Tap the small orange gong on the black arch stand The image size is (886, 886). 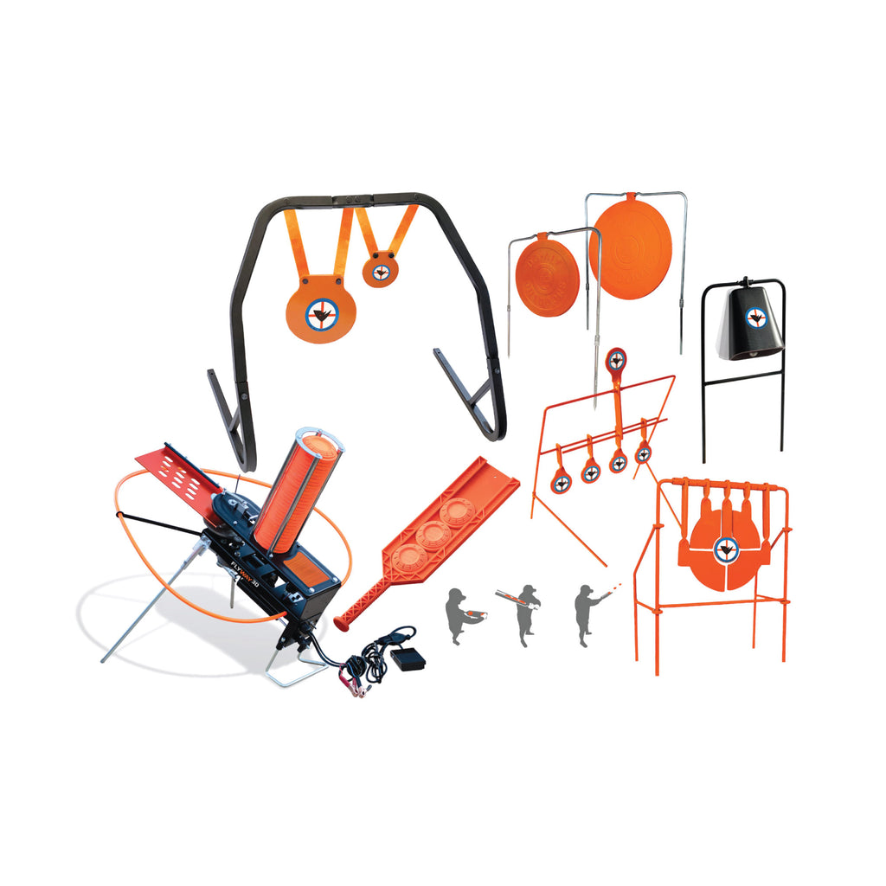381,270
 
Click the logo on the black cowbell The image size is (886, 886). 756,318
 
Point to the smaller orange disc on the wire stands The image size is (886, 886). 547,278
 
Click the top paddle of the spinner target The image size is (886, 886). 616,359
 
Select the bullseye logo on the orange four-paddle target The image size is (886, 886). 726,546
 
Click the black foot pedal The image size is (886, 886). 407,659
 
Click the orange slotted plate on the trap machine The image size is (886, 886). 173,469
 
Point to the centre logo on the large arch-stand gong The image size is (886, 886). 323,312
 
